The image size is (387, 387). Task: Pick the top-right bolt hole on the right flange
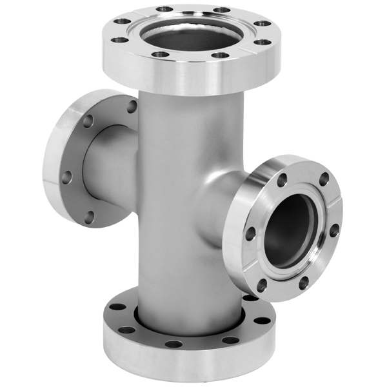pos(324,179)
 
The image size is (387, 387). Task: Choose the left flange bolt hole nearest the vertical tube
pos(132,106)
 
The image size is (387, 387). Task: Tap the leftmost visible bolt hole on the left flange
pos(66,176)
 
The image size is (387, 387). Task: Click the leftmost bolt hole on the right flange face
pos(250,233)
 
